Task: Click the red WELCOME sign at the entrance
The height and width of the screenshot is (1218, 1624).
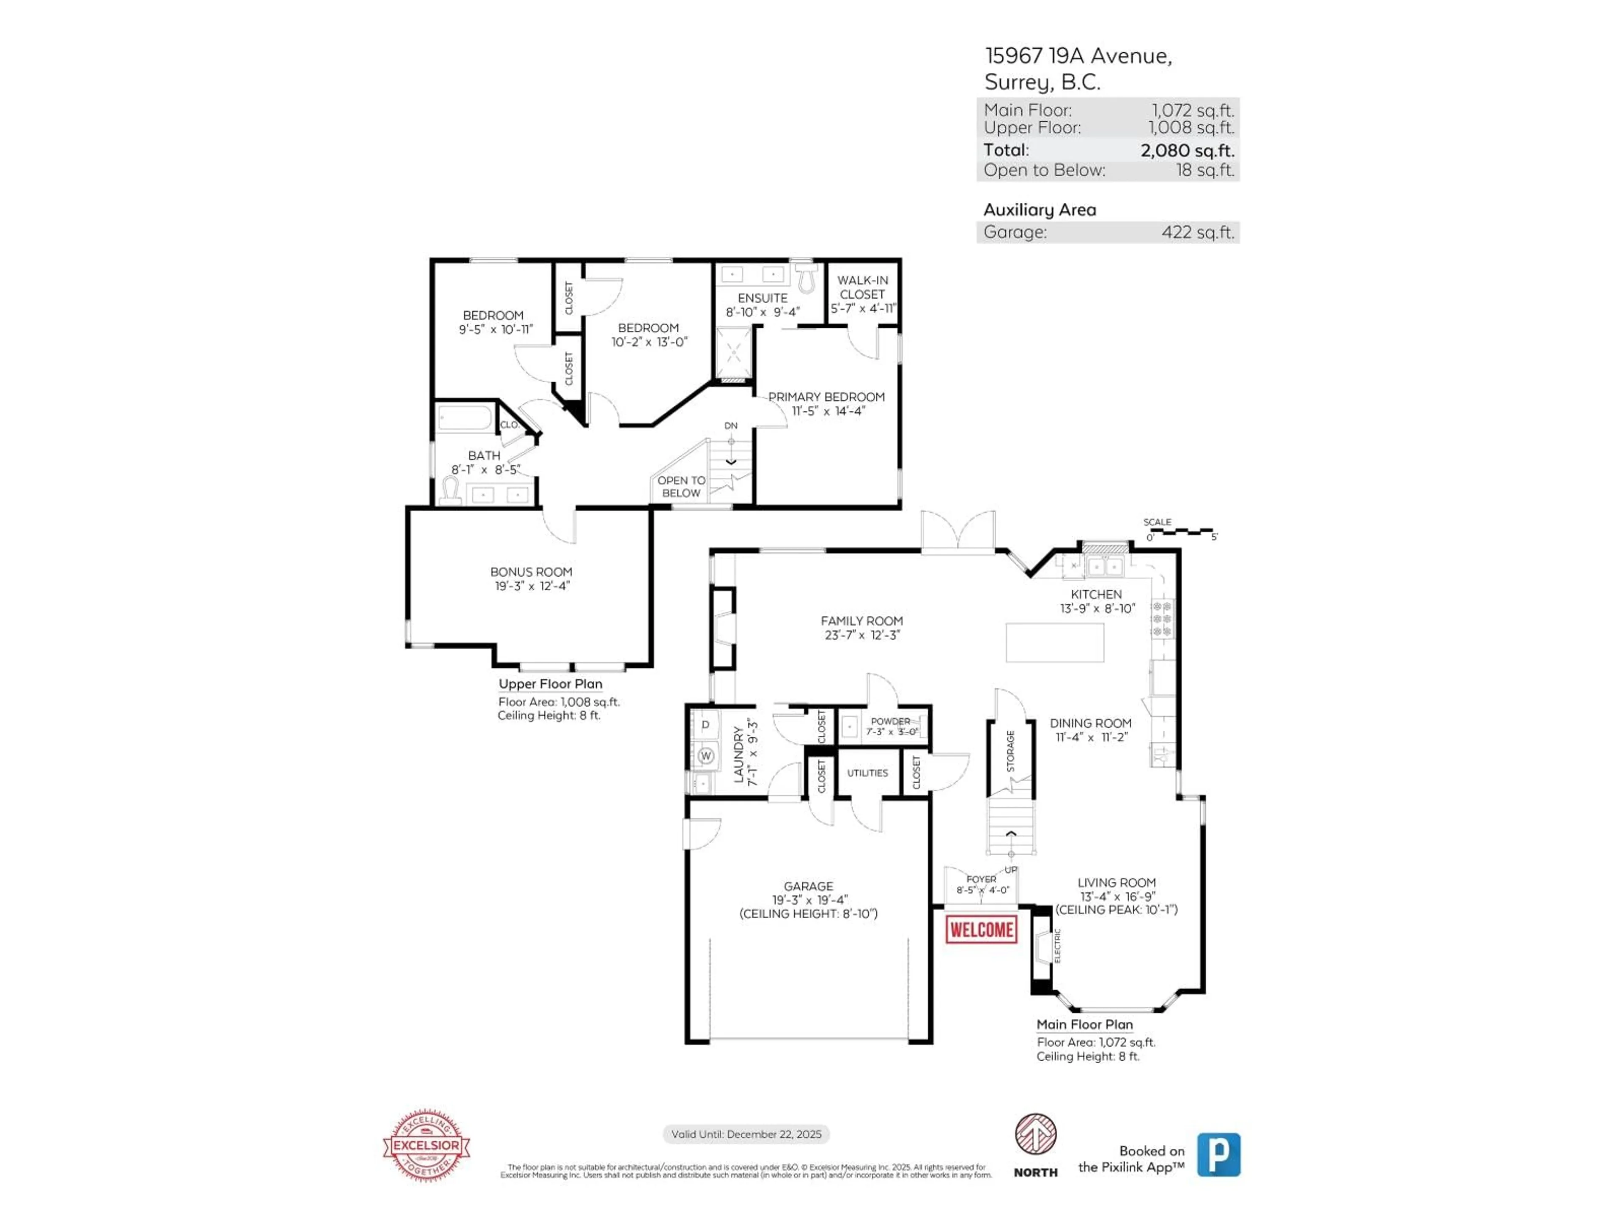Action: point(981,930)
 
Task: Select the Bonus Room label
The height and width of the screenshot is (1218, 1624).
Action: point(531,572)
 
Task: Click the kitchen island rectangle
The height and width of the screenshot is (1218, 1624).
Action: point(1054,642)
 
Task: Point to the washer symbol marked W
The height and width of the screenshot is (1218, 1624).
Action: point(705,755)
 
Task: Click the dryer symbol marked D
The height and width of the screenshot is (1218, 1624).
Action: point(705,724)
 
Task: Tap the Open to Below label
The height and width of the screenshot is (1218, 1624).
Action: point(680,486)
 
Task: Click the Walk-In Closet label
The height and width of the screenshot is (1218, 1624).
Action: point(863,287)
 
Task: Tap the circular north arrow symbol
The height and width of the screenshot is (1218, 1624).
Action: point(1035,1133)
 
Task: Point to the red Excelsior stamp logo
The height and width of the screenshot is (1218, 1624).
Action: point(427,1145)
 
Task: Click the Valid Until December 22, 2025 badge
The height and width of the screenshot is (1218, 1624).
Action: point(746,1134)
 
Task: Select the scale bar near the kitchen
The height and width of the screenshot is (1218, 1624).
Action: point(1180,530)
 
